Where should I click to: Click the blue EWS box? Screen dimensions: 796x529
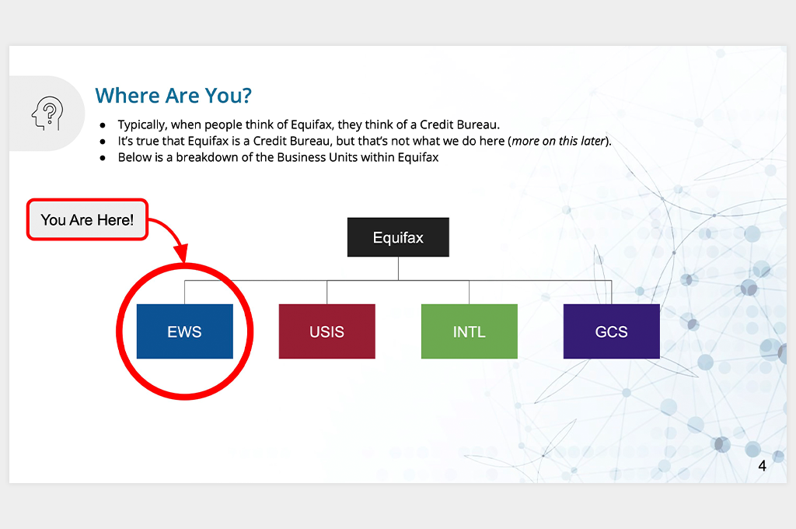(185, 331)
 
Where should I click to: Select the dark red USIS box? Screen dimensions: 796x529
(327, 331)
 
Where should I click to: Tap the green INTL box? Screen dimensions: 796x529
(469, 331)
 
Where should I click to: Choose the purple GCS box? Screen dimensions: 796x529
(611, 331)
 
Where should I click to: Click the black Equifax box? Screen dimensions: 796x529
(398, 237)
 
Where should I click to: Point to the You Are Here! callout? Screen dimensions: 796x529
(87, 219)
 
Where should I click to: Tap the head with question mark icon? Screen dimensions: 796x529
(47, 114)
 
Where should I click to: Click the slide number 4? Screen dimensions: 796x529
(762, 465)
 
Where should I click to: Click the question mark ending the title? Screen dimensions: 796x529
(246, 96)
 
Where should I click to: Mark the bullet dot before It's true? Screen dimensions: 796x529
(103, 142)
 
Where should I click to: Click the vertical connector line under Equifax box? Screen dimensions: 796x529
(398, 268)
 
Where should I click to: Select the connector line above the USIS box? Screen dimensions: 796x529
(327, 293)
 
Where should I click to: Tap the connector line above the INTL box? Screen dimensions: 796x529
(469, 293)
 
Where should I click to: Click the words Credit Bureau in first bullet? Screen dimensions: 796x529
(459, 124)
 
